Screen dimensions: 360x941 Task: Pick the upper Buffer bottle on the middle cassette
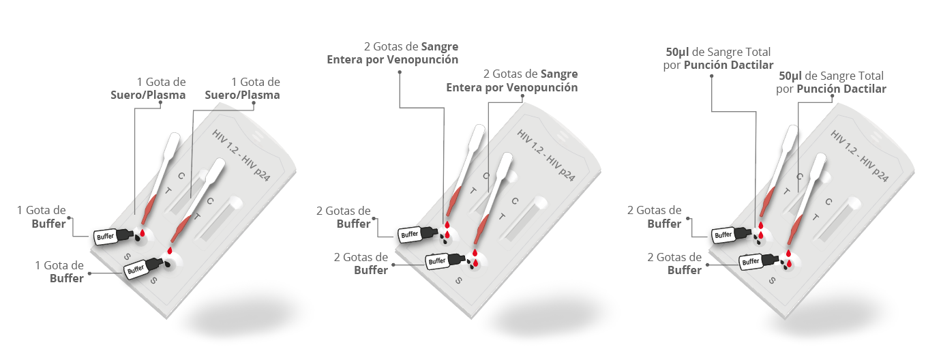[418, 233]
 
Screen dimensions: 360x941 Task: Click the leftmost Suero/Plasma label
[148, 95]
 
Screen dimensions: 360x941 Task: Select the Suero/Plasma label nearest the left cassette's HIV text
[242, 95]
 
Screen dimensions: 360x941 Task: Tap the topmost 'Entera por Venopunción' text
[392, 60]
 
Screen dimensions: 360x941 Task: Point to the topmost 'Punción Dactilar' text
[728, 65]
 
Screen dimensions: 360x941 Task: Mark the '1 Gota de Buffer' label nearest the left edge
[42, 217]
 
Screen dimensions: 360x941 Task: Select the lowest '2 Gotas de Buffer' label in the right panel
[674, 263]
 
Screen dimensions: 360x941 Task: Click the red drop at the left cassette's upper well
[143, 234]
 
